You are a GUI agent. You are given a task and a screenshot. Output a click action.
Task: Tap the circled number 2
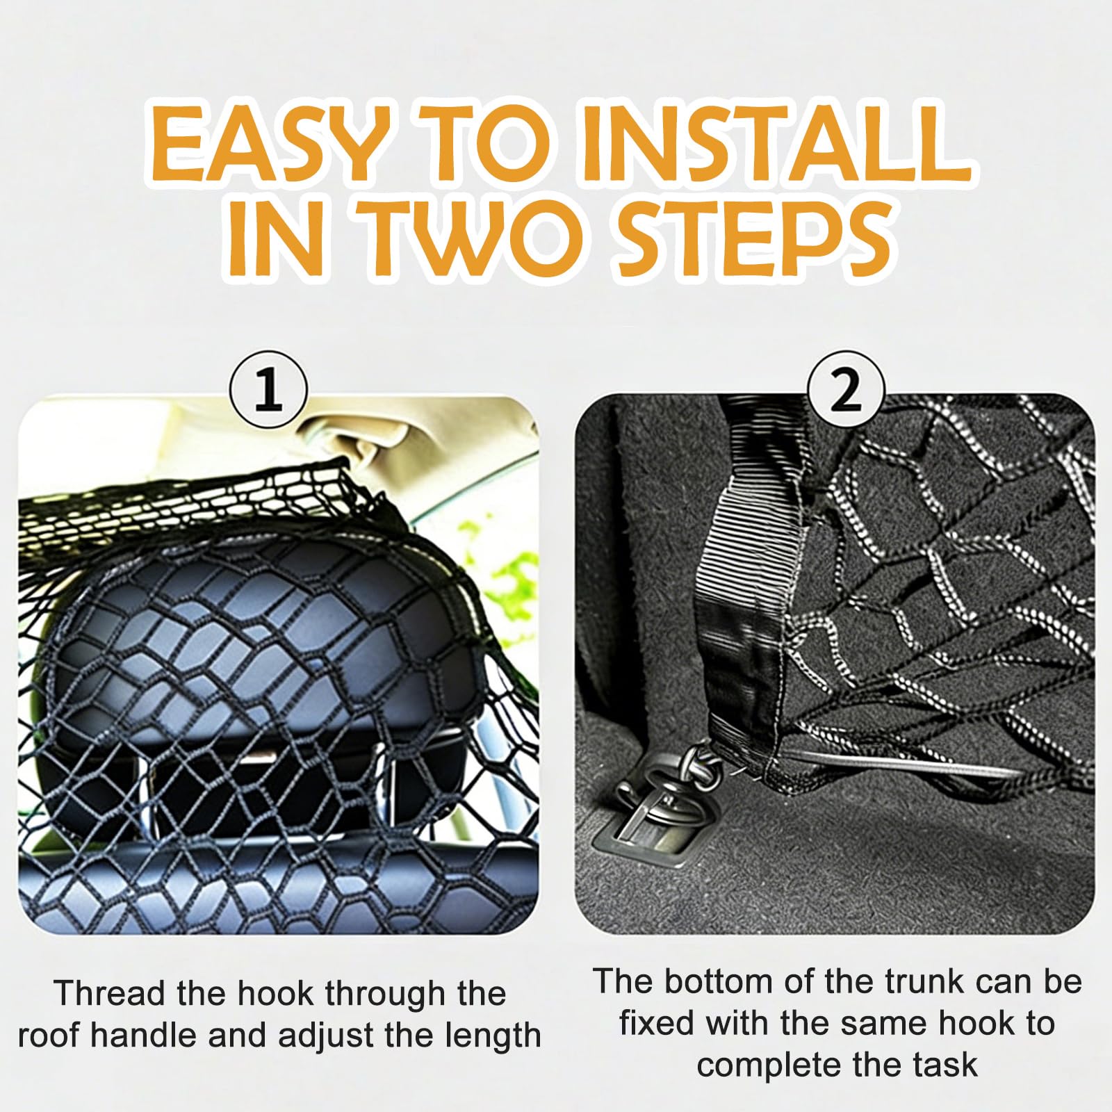pyautogui.click(x=845, y=392)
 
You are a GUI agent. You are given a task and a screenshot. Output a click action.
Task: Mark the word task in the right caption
pyautogui.click(x=943, y=1065)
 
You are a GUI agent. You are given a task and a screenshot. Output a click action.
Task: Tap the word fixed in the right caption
pyautogui.click(x=660, y=1023)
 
